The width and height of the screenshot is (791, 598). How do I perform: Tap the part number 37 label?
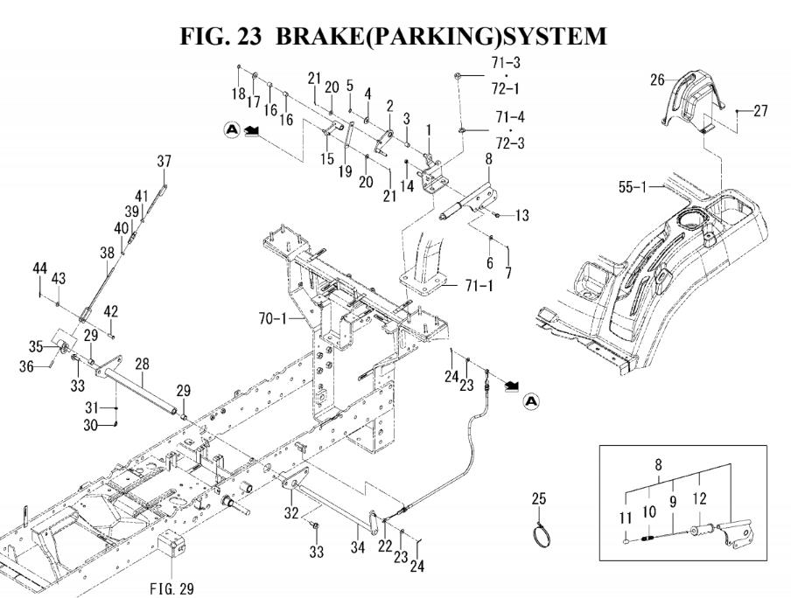[x=164, y=161]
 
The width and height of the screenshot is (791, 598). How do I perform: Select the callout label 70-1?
[x=286, y=323]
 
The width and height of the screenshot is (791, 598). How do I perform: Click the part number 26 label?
[x=657, y=80]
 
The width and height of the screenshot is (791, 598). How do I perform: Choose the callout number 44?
[x=40, y=266]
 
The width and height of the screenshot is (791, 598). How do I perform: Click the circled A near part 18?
[x=232, y=130]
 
